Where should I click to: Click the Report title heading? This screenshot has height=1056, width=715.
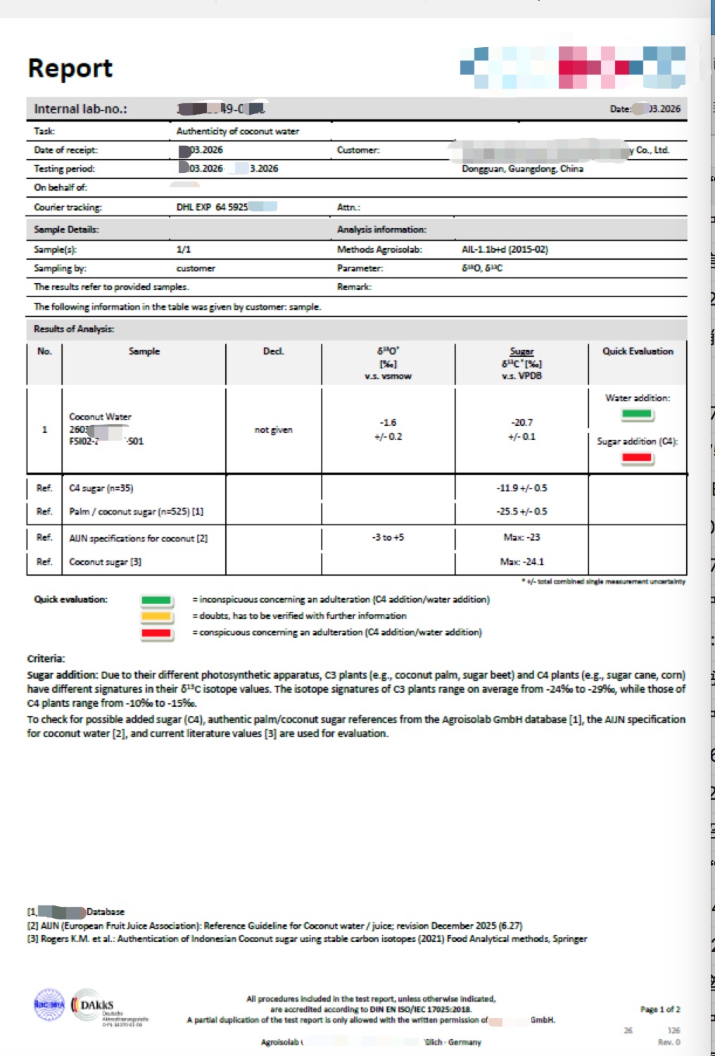tap(70, 68)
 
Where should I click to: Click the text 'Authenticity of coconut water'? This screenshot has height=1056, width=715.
tap(237, 131)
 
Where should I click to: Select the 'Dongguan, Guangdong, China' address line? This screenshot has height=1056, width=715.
tap(522, 169)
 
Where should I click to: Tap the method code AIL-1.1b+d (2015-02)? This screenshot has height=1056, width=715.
tap(505, 249)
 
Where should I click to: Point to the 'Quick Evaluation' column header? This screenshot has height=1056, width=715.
tap(638, 351)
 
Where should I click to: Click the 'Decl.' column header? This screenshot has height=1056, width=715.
tap(273, 351)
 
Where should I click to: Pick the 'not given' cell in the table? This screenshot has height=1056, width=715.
tap(273, 429)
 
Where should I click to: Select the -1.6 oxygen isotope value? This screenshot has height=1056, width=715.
tap(388, 422)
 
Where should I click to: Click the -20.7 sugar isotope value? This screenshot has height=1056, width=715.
tap(521, 422)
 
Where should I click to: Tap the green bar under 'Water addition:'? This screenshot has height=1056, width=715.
tap(637, 414)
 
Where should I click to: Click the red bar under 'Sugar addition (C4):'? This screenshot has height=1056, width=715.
tap(637, 458)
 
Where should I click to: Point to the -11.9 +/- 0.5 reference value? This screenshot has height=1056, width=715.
tap(521, 488)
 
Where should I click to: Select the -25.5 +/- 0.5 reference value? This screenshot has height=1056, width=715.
tap(521, 512)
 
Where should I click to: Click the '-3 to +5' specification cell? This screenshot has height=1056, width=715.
tap(388, 537)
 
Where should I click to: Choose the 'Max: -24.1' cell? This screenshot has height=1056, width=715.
tap(521, 562)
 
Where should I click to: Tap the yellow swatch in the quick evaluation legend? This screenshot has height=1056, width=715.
tap(156, 616)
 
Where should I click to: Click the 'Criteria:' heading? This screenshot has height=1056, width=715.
tap(46, 659)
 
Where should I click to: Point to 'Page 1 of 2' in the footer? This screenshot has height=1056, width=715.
tap(659, 1010)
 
